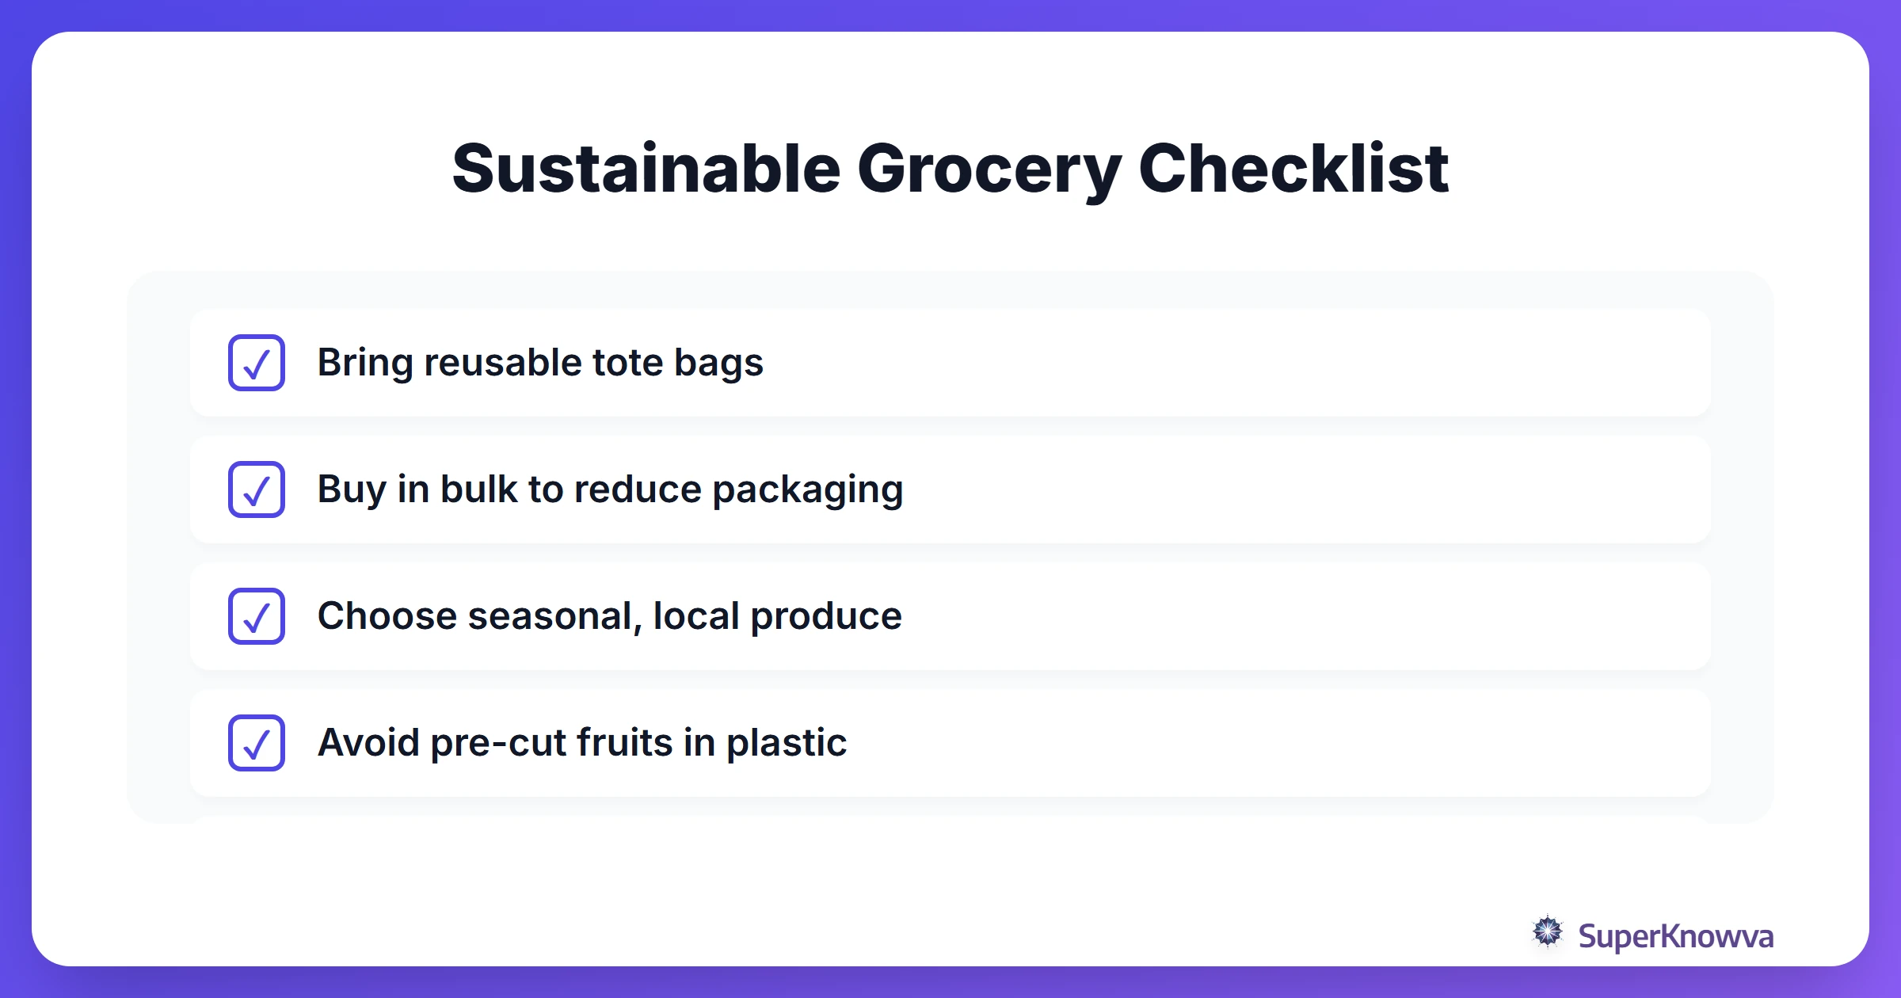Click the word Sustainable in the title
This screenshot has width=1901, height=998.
pyautogui.click(x=646, y=169)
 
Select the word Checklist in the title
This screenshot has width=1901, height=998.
pyautogui.click(x=1293, y=169)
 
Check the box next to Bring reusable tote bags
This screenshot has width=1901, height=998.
pyautogui.click(x=257, y=363)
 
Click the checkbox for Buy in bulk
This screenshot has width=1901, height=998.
pyautogui.click(x=257, y=489)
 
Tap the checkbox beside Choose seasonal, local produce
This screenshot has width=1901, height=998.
pyautogui.click(x=257, y=616)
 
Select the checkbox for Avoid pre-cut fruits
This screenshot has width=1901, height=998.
pyautogui.click(x=257, y=743)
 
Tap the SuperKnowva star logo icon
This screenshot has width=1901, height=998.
pyautogui.click(x=1547, y=932)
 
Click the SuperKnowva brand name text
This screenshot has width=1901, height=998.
pyautogui.click(x=1675, y=937)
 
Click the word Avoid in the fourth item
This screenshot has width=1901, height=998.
pyautogui.click(x=368, y=743)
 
